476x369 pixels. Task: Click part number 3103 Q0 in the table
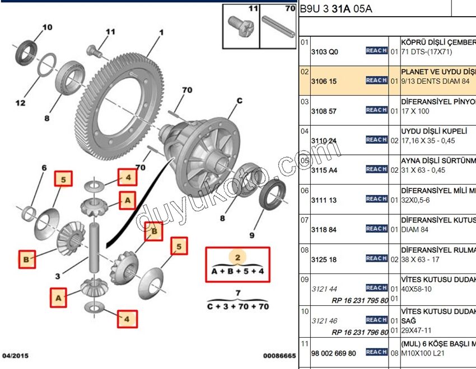pos(325,51)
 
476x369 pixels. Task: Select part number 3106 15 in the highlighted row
pos(325,81)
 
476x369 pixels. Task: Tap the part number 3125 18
pos(325,259)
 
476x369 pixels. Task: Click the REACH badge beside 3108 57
pos(376,110)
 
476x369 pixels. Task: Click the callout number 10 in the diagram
pos(47,27)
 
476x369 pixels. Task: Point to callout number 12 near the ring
pos(20,103)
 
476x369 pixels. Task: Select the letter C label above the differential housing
pos(239,101)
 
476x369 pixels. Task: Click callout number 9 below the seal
pos(251,235)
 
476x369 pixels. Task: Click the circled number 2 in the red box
pos(237,258)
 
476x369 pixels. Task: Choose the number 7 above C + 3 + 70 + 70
pos(237,293)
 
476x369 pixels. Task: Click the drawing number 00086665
pos(279,356)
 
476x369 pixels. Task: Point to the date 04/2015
pos(15,356)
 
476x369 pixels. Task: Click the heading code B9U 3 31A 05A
pos(336,9)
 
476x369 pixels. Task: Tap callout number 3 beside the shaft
pos(58,276)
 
